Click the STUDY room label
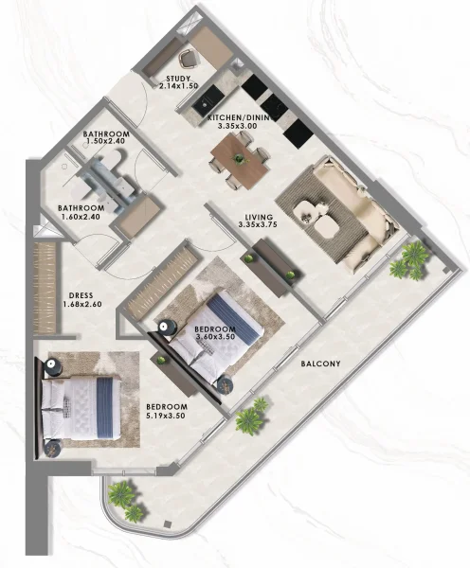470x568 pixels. tap(178, 80)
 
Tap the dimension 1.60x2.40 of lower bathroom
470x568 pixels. tap(80, 215)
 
